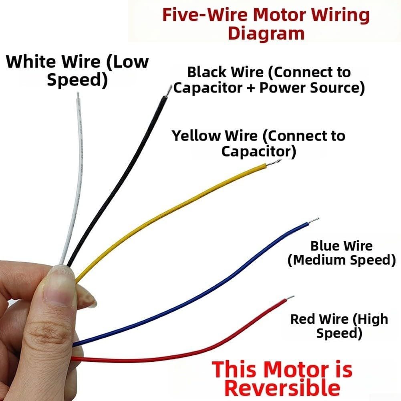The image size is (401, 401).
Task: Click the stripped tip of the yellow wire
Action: pyautogui.click(x=274, y=162)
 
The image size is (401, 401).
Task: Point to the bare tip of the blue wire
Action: pyautogui.click(x=314, y=220)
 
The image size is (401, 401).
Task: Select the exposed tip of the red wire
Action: pyautogui.click(x=290, y=298)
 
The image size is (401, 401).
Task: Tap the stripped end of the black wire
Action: pyautogui.click(x=169, y=91)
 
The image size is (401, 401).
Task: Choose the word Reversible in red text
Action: pyautogui.click(x=282, y=388)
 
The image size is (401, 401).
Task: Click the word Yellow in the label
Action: pyautogui.click(x=197, y=136)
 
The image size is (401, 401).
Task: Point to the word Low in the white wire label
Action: pyautogui.click(x=127, y=62)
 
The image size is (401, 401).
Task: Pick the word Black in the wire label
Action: pyautogui.click(x=208, y=72)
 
